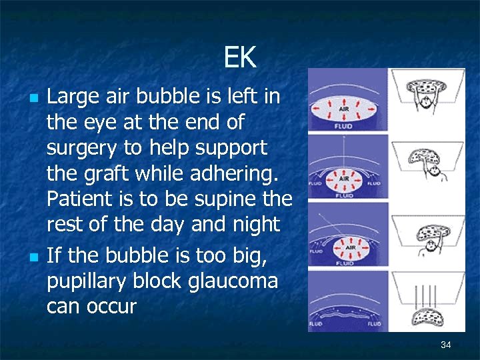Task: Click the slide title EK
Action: point(239,58)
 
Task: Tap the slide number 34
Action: point(446,345)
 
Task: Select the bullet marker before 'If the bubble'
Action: point(34,256)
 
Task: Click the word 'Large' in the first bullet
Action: point(69,98)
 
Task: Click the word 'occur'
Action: point(112,307)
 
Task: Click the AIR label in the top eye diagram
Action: point(345,108)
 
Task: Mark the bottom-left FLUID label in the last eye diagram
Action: point(316,323)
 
